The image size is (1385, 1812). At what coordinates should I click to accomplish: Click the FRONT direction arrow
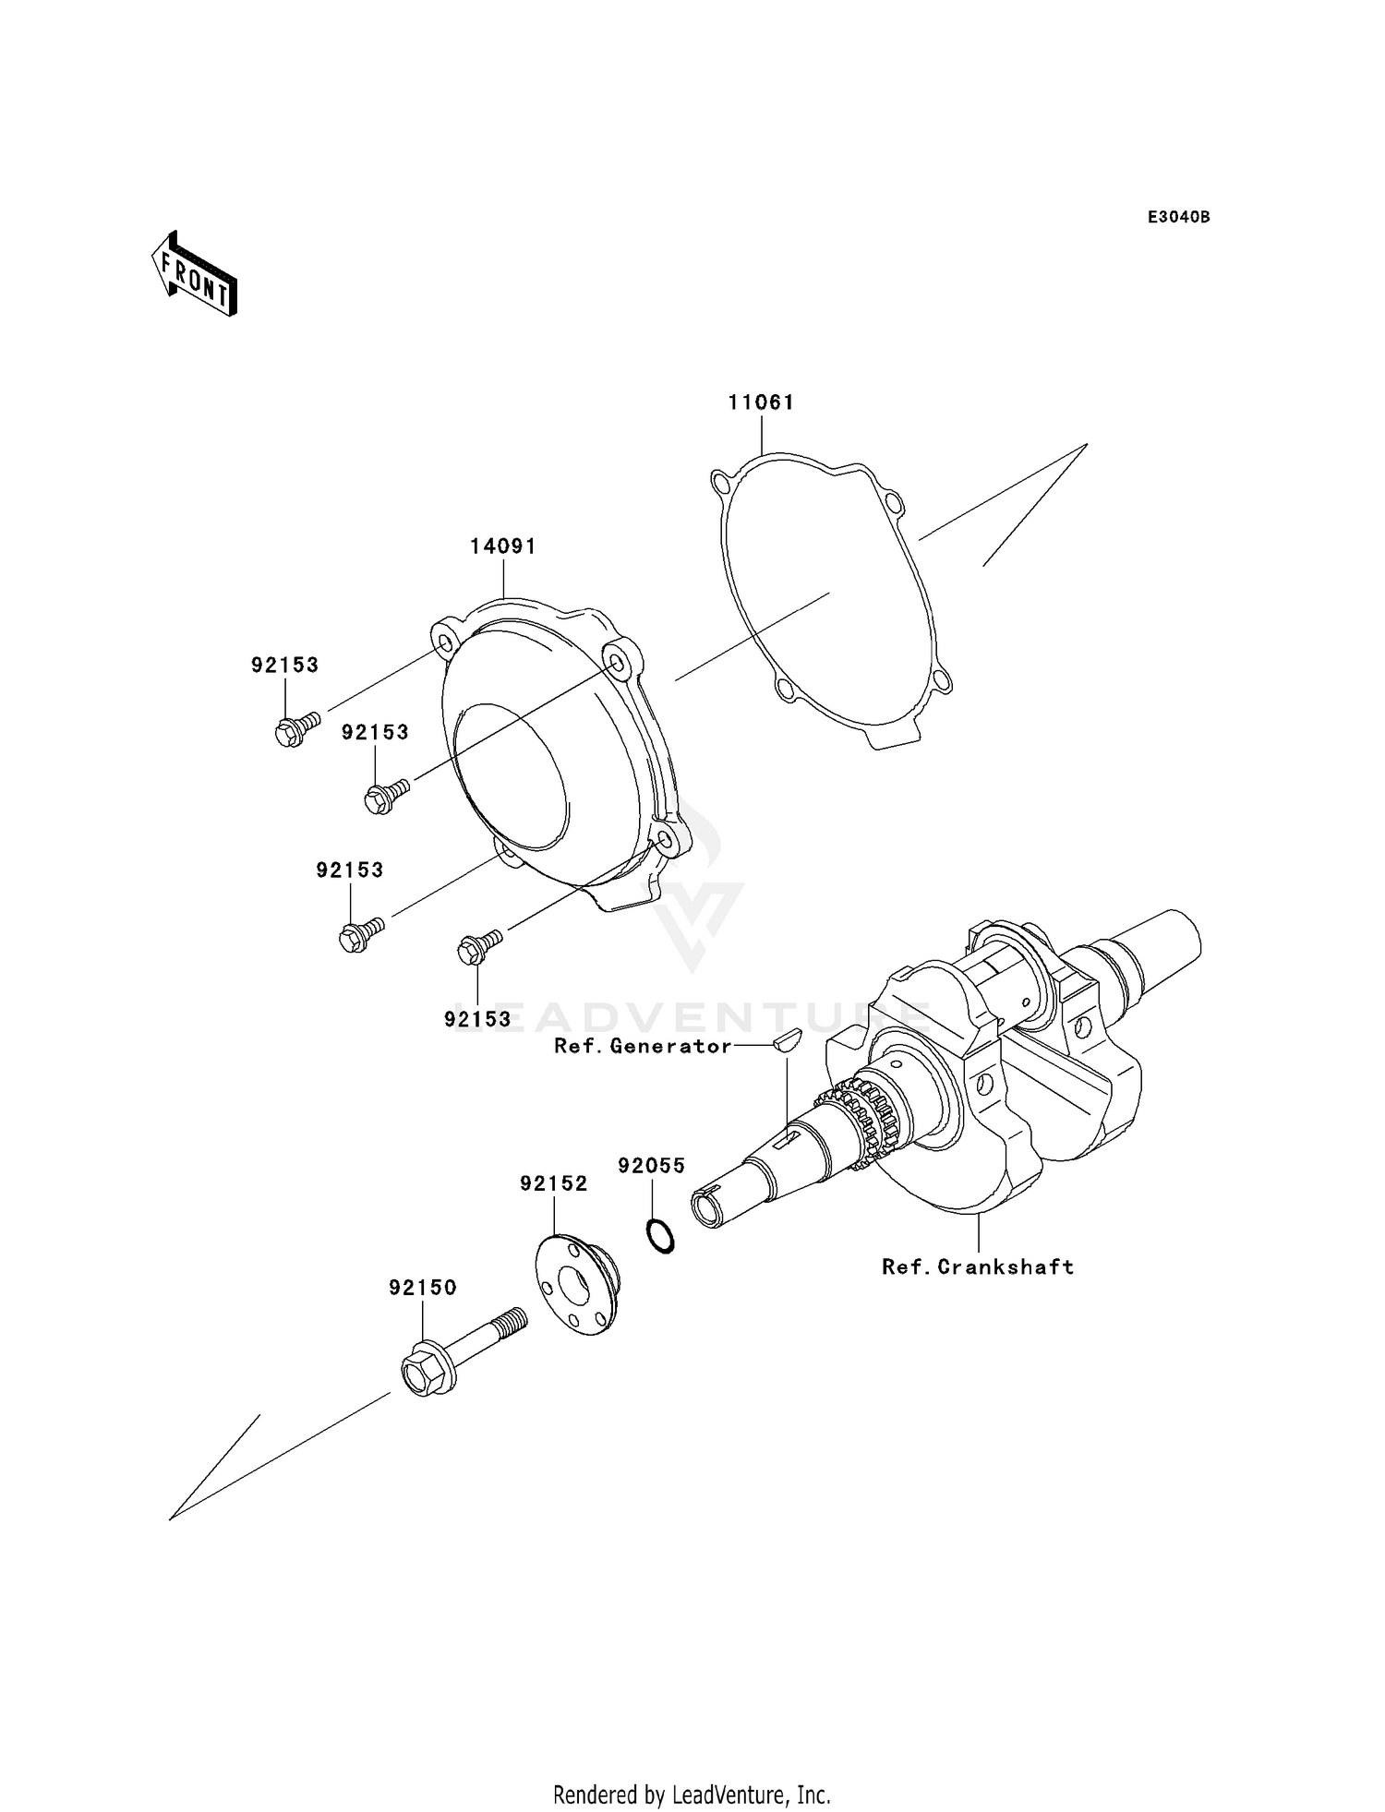195,274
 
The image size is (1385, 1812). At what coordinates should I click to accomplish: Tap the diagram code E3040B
1178,217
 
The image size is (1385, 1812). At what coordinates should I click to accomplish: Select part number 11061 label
761,402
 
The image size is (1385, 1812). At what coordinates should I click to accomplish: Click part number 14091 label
503,546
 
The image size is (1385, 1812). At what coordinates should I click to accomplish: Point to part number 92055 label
652,1166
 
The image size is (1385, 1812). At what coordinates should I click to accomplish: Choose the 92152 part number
553,1183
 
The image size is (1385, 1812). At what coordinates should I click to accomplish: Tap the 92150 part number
423,1288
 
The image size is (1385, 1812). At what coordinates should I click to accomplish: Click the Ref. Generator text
643,1046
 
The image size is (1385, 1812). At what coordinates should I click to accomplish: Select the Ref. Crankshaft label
978,1267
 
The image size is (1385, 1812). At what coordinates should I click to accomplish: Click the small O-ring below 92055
659,1236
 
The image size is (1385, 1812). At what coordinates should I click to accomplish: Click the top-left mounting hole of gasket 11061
721,481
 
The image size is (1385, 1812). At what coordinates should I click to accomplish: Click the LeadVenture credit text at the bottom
692,1794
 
